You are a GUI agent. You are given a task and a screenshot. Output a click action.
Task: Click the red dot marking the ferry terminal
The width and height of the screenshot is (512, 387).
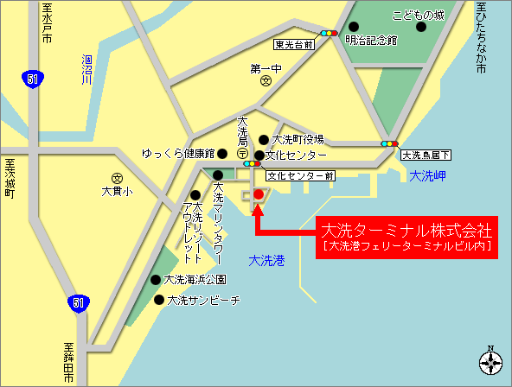click(x=258, y=195)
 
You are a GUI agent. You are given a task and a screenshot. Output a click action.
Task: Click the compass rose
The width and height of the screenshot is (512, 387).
click(x=491, y=362)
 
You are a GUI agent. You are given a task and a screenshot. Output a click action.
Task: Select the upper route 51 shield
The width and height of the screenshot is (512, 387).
click(x=32, y=79)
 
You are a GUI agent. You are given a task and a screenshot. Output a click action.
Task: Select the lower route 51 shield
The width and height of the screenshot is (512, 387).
click(x=78, y=302)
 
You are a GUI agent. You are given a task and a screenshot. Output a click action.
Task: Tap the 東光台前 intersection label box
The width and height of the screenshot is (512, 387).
click(x=293, y=44)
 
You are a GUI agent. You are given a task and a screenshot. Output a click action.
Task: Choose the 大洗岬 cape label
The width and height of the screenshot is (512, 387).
click(x=427, y=175)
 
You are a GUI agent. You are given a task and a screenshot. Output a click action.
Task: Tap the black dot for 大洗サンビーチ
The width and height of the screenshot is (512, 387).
click(x=159, y=300)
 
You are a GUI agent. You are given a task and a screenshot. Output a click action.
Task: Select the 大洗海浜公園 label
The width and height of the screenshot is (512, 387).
click(x=195, y=280)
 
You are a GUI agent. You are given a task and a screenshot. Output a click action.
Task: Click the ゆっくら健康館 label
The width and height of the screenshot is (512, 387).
click(x=178, y=154)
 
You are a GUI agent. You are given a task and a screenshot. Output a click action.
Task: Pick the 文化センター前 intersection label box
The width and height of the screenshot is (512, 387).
click(x=300, y=175)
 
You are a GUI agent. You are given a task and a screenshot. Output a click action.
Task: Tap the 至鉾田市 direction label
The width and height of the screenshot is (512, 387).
click(x=68, y=364)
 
